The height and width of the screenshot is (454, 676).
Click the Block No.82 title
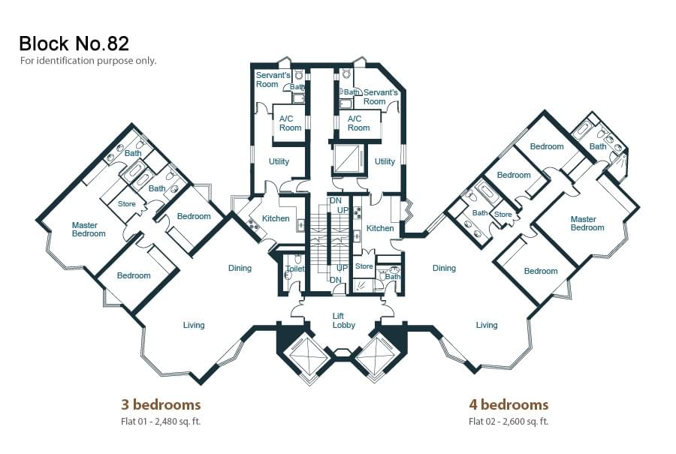[x=74, y=44]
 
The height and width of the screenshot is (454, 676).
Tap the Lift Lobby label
[x=343, y=321]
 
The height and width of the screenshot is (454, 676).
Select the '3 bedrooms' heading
[x=161, y=405]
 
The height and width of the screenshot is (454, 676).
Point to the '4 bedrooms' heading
[x=509, y=405]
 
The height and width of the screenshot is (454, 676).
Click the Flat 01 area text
[x=161, y=421]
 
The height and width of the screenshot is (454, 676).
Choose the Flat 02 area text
[x=509, y=421]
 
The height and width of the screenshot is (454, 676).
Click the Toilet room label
[x=295, y=269]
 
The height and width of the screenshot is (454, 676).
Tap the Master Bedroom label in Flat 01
[x=89, y=230]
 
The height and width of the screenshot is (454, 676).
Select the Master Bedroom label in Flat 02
[x=587, y=224]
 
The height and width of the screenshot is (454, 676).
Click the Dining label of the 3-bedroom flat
[x=240, y=268]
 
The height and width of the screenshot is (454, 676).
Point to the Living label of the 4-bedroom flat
[x=487, y=325]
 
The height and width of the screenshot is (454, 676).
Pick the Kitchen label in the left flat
[x=276, y=218]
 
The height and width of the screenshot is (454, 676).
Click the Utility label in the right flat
[x=385, y=161]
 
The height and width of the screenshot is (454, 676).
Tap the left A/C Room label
[x=290, y=123]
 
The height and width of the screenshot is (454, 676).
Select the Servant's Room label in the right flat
[x=380, y=97]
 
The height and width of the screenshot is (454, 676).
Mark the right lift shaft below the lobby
[x=376, y=355]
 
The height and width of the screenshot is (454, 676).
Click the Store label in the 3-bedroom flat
[x=127, y=204]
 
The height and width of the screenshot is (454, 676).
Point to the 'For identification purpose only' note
[x=88, y=61]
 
